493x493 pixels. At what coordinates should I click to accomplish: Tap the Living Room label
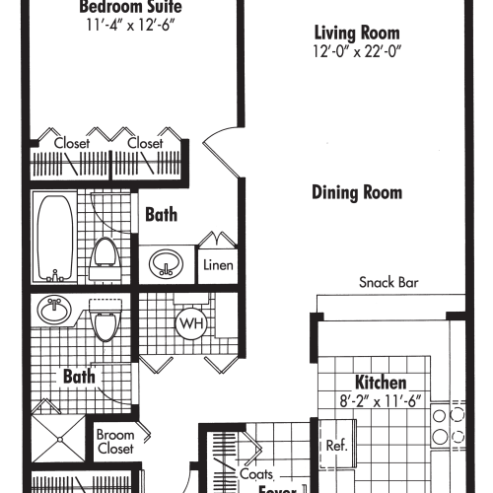pyautogui.click(x=357, y=31)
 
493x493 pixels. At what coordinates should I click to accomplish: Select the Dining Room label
pyautogui.click(x=356, y=192)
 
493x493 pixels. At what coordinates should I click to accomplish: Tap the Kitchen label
pyautogui.click(x=381, y=383)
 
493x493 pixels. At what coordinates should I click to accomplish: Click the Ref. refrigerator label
pyautogui.click(x=336, y=446)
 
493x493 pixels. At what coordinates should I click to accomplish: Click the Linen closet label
pyautogui.click(x=218, y=264)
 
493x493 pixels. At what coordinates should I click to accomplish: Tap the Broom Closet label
pyautogui.click(x=115, y=442)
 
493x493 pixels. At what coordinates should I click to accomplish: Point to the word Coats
pyautogui.click(x=256, y=474)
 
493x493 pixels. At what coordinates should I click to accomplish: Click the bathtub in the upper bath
pyautogui.click(x=55, y=236)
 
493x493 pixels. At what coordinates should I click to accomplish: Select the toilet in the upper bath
pyautogui.click(x=105, y=258)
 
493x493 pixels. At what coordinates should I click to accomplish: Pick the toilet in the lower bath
pyautogui.click(x=104, y=319)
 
